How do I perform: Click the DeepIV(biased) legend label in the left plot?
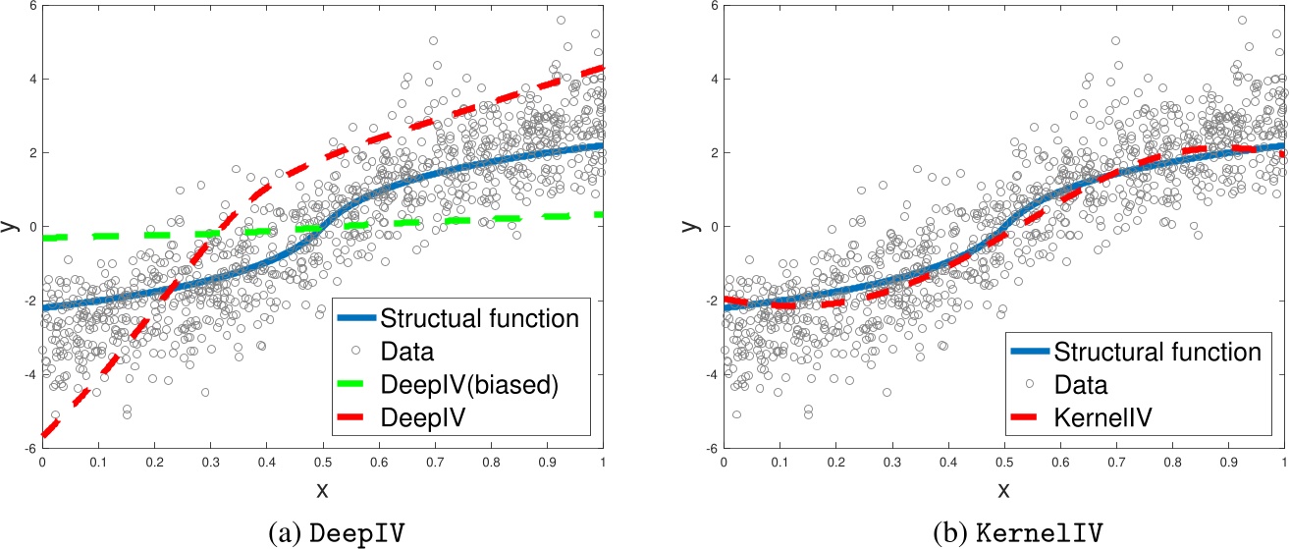tap(469, 385)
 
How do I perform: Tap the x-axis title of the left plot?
tap(321, 488)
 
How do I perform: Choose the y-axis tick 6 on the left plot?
tap(31, 6)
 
